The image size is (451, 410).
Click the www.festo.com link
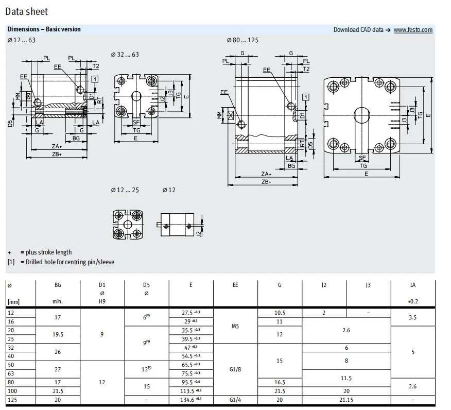click(413, 30)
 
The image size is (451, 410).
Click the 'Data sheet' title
click(26, 11)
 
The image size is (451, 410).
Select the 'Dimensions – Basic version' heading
click(44, 29)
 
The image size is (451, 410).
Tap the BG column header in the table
click(58, 284)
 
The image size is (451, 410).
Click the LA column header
click(412, 284)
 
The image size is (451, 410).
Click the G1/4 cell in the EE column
click(235, 400)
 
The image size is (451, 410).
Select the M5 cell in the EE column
click(235, 326)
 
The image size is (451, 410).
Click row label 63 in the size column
click(10, 373)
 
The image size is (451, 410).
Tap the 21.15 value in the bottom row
click(346, 400)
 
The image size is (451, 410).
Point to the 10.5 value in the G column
click(280, 313)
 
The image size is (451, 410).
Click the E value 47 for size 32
click(189, 348)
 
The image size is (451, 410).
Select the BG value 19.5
click(58, 334)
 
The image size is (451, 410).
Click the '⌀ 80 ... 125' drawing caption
click(242, 40)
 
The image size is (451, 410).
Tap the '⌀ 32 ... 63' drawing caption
click(125, 54)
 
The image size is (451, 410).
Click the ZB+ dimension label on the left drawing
click(57, 154)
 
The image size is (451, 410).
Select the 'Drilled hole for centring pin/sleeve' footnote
click(67, 262)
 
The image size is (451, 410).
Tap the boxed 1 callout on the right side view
click(306, 97)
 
